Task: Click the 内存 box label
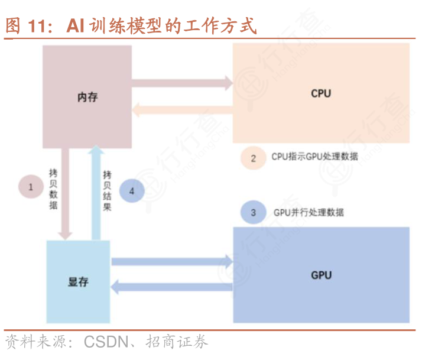[87, 97]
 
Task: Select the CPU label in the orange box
[321, 93]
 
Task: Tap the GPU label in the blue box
[321, 275]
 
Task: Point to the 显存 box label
[78, 281]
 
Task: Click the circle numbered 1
[31, 187]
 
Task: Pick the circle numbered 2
[254, 158]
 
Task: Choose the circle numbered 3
[254, 212]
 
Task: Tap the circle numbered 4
[132, 191]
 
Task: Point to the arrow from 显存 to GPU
[171, 261]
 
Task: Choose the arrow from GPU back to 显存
[171, 287]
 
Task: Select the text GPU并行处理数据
[308, 212]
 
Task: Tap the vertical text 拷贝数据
[53, 189]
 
